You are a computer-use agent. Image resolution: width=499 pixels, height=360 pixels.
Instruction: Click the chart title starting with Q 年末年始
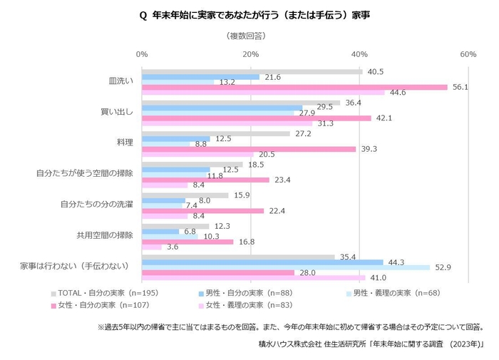pos(249,14)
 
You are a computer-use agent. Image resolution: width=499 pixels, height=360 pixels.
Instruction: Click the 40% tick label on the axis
pos(359,54)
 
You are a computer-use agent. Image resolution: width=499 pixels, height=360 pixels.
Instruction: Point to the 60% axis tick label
pos(468,54)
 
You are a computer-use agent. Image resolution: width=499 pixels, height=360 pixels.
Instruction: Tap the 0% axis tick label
pos(142,54)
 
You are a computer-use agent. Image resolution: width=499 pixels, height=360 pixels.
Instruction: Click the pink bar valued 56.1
pos(294,87)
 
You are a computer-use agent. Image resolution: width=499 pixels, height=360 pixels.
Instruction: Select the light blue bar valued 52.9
pos(285,267)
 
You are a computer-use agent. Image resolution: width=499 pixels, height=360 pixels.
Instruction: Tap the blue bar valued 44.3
pos(262,262)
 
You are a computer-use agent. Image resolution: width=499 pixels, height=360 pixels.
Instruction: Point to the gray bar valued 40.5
pos(252,71)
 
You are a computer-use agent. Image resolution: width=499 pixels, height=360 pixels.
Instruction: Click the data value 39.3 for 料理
pos(367,149)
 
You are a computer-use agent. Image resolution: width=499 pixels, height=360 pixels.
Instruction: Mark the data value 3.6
pos(173,247)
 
